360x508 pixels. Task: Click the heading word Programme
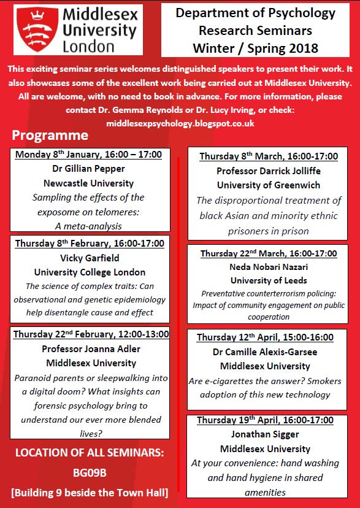point(50,136)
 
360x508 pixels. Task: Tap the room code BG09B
point(89,474)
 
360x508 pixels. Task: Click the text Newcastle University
point(89,183)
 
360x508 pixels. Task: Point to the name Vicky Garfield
point(90,258)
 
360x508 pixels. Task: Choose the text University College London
point(90,272)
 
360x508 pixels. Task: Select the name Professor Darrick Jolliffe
point(268,171)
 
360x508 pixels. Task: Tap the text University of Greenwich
point(268,185)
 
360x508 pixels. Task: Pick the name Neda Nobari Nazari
point(268,267)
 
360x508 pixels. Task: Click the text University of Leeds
point(268,280)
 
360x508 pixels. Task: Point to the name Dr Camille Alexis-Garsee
point(265,352)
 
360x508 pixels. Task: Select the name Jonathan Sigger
point(265,434)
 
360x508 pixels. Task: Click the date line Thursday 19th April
point(265,420)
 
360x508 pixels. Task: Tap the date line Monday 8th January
point(89,155)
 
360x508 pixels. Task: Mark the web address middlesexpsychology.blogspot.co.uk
point(180,123)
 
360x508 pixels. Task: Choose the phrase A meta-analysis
point(89,226)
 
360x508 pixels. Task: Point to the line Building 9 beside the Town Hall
point(89,491)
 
